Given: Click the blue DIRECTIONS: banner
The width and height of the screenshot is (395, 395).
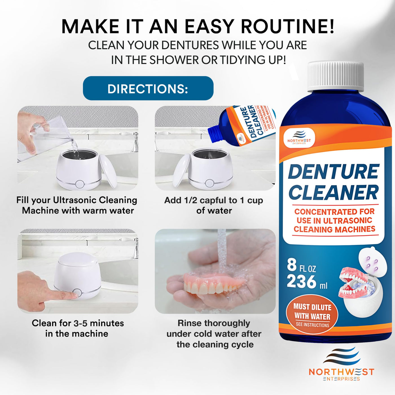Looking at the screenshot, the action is (x=148, y=88).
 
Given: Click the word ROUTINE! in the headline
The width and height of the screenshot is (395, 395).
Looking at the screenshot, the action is (x=287, y=27).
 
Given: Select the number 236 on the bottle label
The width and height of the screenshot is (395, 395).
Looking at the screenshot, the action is (x=302, y=282).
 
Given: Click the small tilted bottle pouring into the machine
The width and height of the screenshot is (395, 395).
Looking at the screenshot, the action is (x=242, y=126).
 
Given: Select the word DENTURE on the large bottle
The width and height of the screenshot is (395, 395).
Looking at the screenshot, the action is (x=333, y=172).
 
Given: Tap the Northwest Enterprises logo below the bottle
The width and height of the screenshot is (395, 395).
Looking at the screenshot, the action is (x=341, y=364).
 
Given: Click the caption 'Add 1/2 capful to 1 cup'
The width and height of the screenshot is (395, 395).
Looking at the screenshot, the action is (x=214, y=200).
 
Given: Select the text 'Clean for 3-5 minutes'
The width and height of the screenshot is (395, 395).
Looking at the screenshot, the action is (x=78, y=323).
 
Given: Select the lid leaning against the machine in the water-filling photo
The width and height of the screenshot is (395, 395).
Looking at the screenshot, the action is (x=108, y=171).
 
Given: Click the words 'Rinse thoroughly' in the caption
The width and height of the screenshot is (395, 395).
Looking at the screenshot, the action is (x=214, y=323).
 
